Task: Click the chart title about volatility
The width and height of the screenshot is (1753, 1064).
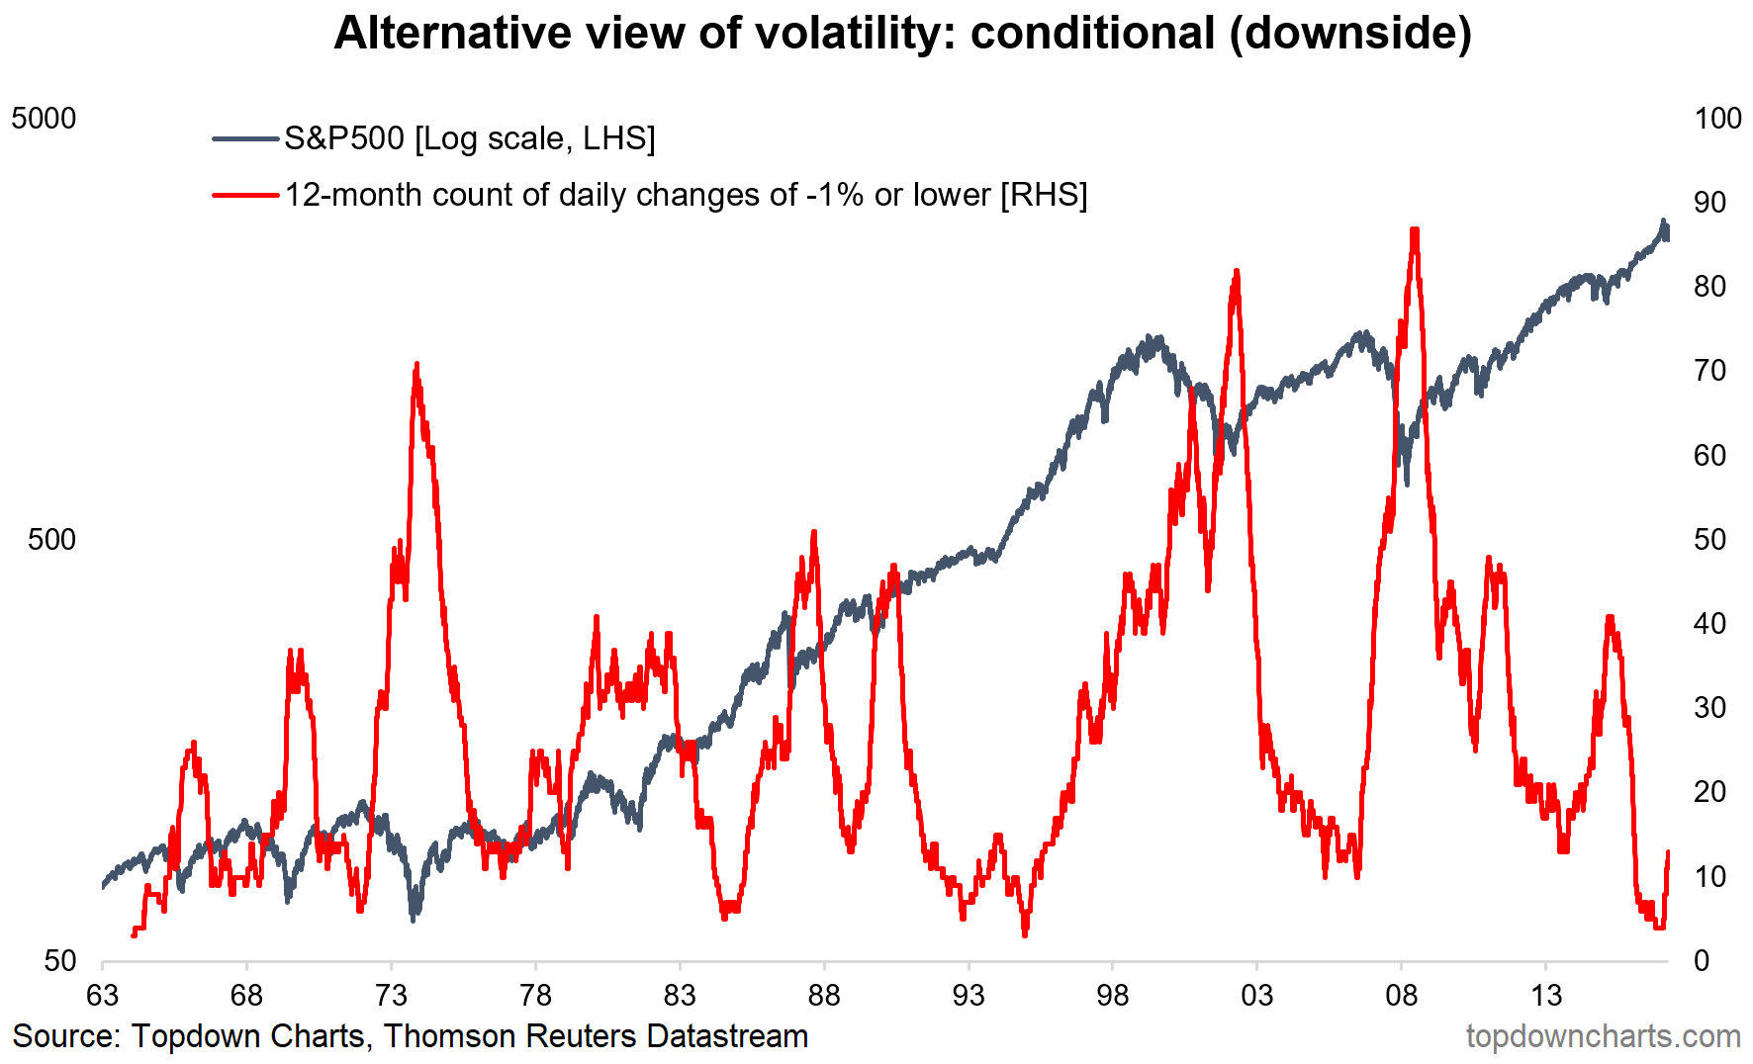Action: tap(902, 33)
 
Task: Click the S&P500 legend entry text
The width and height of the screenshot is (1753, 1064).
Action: tap(469, 138)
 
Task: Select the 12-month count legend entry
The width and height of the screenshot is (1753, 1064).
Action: tap(686, 195)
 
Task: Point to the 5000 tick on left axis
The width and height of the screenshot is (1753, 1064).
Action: tap(44, 119)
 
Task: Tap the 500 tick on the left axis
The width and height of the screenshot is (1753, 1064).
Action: tap(51, 540)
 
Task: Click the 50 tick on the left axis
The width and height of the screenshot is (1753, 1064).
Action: tap(59, 960)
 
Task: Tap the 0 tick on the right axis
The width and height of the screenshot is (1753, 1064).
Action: tap(1702, 960)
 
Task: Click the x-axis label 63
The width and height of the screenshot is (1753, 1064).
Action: tap(102, 995)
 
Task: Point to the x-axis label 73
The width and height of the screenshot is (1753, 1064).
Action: tap(391, 995)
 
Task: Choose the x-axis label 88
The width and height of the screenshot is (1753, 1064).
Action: tap(824, 995)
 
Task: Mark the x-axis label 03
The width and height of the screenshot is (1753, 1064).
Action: tap(1256, 995)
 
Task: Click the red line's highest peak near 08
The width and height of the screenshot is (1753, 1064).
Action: tap(1415, 230)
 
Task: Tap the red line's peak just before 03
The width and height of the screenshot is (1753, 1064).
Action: tap(1236, 272)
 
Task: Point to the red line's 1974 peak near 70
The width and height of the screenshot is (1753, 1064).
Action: tap(416, 365)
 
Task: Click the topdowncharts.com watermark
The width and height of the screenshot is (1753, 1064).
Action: tap(1603, 1036)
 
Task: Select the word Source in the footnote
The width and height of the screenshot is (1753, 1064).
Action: tap(65, 1036)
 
